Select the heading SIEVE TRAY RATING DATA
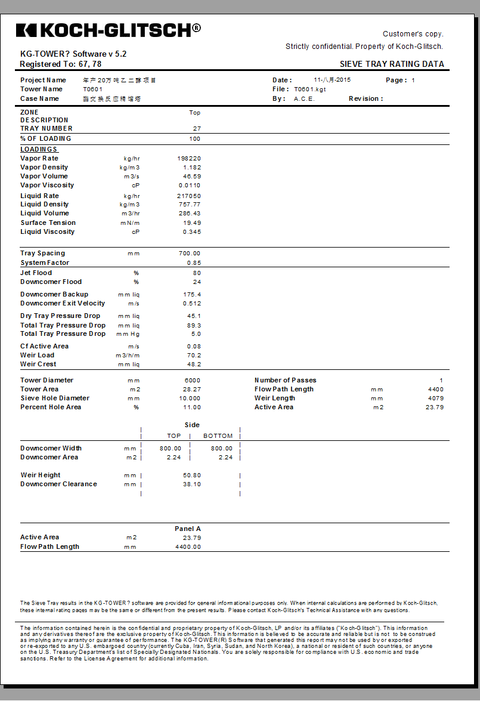click(392, 64)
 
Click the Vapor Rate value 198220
click(189, 158)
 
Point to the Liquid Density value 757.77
click(190, 204)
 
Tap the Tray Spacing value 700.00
click(190, 253)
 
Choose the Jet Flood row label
click(36, 273)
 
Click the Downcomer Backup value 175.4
click(193, 294)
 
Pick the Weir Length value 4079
click(436, 398)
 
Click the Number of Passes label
click(286, 380)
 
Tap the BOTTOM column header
click(218, 436)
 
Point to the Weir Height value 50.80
click(192, 475)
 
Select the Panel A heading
click(188, 529)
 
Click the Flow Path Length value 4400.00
click(188, 546)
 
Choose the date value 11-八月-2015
click(332, 80)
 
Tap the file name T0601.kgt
click(310, 89)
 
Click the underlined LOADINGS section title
click(39, 149)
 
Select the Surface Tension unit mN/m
click(132, 223)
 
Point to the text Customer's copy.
click(413, 34)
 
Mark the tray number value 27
click(197, 128)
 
